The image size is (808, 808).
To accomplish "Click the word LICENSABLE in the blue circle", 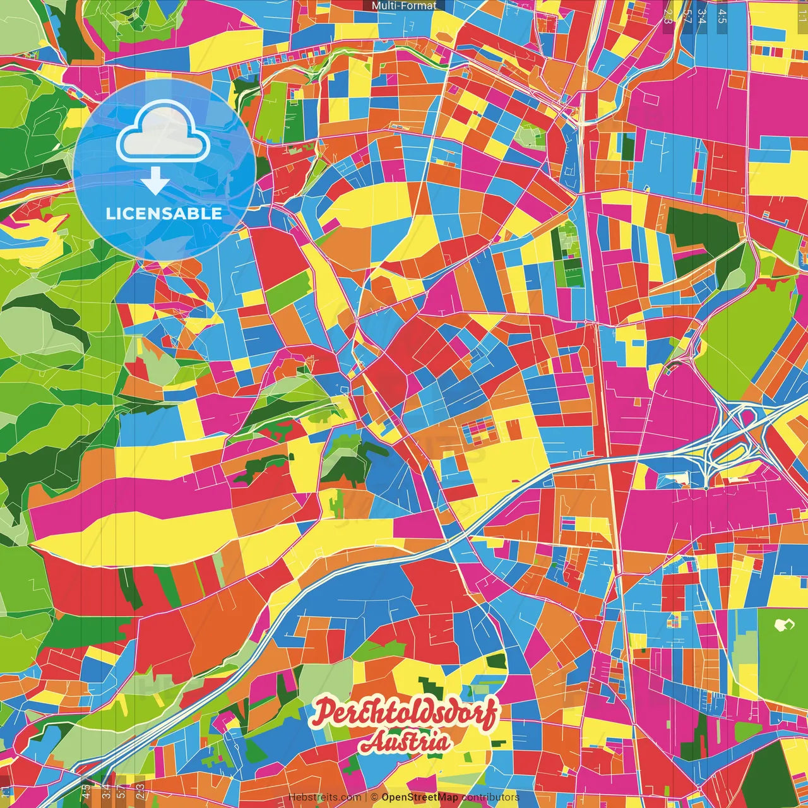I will [x=163, y=213].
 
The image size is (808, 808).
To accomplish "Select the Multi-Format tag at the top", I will [x=404, y=6].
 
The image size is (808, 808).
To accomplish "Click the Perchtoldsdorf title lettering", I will [x=405, y=713].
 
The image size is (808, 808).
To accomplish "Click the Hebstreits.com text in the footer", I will [x=324, y=797].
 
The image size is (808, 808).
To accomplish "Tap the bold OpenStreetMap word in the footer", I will [x=420, y=797].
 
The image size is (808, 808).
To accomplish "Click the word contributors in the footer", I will [x=490, y=797].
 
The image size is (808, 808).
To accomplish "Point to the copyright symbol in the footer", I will [x=374, y=797].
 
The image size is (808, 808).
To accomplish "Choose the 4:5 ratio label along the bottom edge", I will [x=86, y=792].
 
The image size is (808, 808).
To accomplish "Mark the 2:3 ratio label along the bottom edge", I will [x=140, y=792].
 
